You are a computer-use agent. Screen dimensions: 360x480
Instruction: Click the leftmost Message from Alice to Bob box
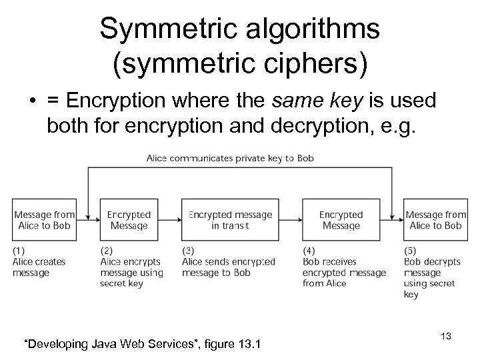pyautogui.click(x=43, y=220)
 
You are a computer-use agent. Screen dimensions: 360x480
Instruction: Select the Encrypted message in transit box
pyautogui.click(x=231, y=220)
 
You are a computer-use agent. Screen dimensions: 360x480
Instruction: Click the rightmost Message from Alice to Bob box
pyautogui.click(x=435, y=220)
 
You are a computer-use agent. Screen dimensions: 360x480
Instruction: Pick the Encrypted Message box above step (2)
pyautogui.click(x=129, y=220)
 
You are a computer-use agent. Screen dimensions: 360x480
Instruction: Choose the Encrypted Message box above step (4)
pyautogui.click(x=341, y=220)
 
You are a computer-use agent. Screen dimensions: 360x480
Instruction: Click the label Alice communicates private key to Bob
pyautogui.click(x=230, y=158)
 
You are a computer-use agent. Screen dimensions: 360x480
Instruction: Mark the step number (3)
pyautogui.click(x=188, y=251)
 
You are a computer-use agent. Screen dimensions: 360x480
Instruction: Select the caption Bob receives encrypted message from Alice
pyautogui.click(x=343, y=272)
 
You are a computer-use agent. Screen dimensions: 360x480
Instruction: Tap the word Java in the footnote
pyautogui.click(x=102, y=343)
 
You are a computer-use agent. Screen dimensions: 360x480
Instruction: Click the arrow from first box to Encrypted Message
pyautogui.click(x=87, y=220)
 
